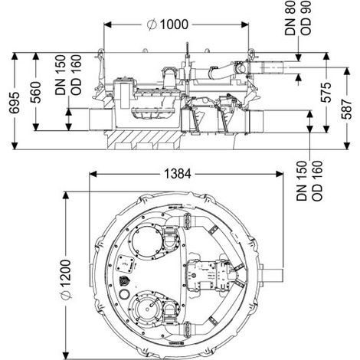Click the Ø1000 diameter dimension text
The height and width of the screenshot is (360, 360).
click(x=168, y=25)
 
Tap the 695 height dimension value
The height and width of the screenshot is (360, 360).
click(x=15, y=103)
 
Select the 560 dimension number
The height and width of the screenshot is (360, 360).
click(x=35, y=92)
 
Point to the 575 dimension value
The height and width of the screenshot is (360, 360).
click(x=326, y=93)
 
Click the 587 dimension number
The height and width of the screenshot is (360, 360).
click(x=347, y=109)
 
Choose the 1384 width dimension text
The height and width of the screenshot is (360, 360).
click(x=177, y=174)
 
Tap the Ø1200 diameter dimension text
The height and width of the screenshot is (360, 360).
click(x=66, y=280)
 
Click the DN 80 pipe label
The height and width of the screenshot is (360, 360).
click(x=290, y=18)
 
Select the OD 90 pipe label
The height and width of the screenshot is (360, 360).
click(x=306, y=18)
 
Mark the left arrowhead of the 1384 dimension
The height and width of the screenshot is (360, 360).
click(x=93, y=174)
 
